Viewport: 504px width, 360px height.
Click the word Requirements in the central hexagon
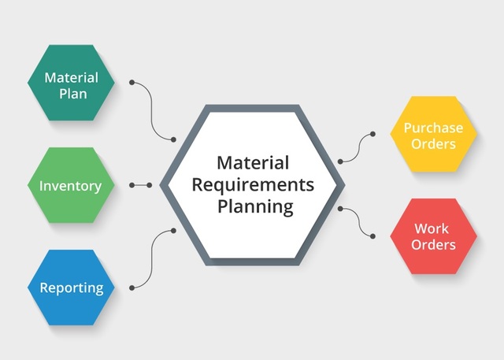point(254,185)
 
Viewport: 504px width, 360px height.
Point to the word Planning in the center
point(254,207)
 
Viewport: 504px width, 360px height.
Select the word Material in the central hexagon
point(254,163)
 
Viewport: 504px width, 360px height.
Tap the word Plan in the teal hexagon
point(71,94)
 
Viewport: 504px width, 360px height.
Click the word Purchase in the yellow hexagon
point(433,127)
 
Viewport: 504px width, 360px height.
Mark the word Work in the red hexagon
point(432,228)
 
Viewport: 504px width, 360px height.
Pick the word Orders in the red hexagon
point(433,245)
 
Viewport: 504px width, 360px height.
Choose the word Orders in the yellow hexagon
point(433,144)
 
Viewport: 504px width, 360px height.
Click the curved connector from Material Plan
point(153,110)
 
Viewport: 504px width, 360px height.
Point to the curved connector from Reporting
point(153,260)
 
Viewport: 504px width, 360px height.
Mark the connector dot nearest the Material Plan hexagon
point(132,81)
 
